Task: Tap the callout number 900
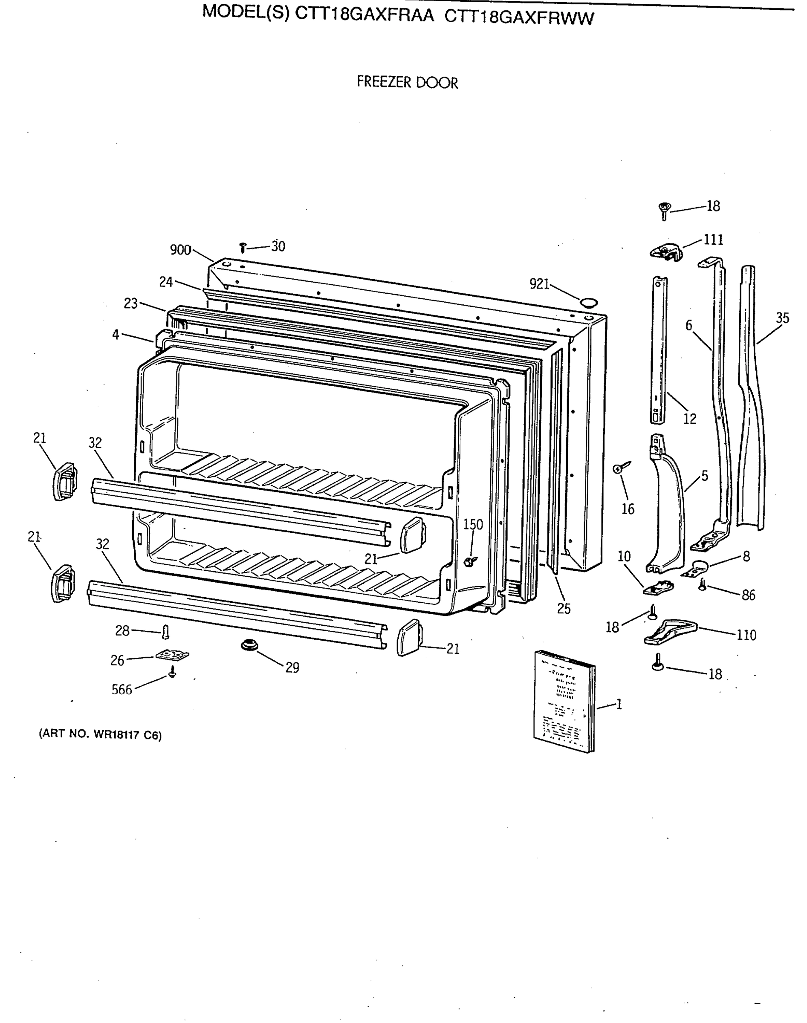point(180,250)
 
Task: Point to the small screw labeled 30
point(243,248)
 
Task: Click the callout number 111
point(714,240)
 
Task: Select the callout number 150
point(472,525)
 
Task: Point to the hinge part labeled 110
point(671,632)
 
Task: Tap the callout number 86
point(749,595)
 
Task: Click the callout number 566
point(121,690)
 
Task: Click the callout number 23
point(130,303)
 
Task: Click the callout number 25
point(564,609)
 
